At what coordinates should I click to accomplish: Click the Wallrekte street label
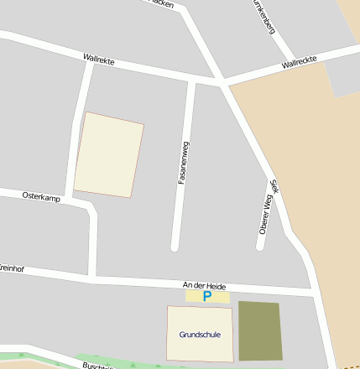[99, 60]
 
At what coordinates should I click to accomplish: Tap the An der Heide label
[205, 286]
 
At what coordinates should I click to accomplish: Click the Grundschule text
[200, 335]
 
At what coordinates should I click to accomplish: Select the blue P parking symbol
[207, 296]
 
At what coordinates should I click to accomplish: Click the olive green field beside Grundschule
[259, 330]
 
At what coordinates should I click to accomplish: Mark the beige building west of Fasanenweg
[109, 155]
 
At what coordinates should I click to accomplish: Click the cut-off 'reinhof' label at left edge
[12, 268]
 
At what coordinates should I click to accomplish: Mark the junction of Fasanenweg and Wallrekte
[192, 81]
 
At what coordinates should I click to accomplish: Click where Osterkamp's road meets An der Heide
[93, 278]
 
